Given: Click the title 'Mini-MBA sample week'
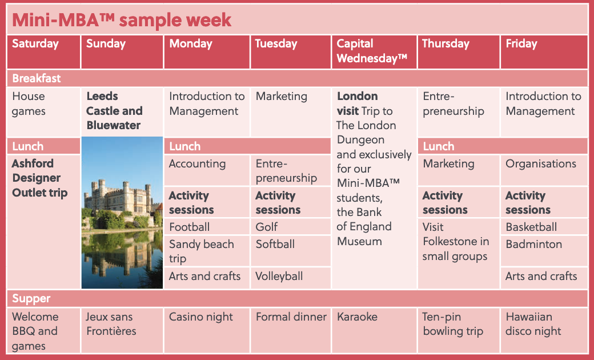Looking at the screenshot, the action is [x=122, y=19].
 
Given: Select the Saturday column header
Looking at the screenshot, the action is [x=43, y=52].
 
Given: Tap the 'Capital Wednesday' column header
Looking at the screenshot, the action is [x=374, y=52].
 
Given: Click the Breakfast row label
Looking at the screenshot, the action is [x=37, y=78].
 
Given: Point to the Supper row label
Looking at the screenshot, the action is [x=31, y=298].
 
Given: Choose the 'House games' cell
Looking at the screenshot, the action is [x=43, y=112].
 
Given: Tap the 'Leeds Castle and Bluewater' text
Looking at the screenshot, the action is [x=114, y=111].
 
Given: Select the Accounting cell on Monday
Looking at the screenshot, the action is [x=207, y=170].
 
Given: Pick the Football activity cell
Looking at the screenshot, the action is [x=207, y=227].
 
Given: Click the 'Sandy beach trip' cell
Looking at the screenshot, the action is [x=207, y=251].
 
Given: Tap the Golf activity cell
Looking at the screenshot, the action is [x=291, y=227].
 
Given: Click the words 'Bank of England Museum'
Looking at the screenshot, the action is [x=364, y=227].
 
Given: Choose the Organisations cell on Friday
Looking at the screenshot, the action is [x=544, y=170].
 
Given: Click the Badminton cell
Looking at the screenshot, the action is [x=544, y=251].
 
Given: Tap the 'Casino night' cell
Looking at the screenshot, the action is [x=207, y=330].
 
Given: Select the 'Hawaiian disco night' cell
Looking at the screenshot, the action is [x=544, y=330].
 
